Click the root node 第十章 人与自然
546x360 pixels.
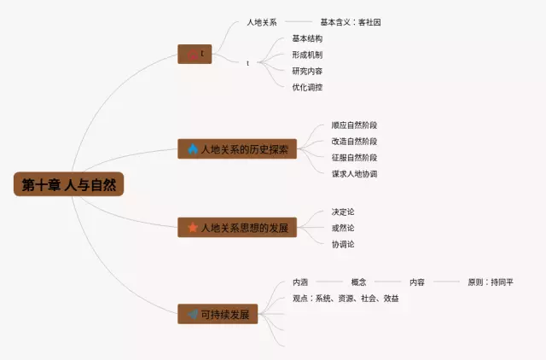pos(68,184)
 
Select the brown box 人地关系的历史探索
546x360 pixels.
pos(237,149)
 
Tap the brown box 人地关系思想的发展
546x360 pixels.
pos(237,228)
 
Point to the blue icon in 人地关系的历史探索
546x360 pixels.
pos(194,149)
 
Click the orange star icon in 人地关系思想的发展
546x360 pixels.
pos(194,228)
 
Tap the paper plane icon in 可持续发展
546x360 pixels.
pos(194,314)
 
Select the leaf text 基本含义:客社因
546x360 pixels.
pos(351,22)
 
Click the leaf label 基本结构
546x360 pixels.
pos(307,38)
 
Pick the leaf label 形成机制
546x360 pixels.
pos(307,55)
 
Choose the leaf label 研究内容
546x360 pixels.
pos(307,71)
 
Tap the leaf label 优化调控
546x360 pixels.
pos(307,87)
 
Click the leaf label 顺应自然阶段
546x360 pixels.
pos(354,125)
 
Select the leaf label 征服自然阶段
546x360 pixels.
pos(354,158)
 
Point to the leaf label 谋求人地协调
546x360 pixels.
pos(354,174)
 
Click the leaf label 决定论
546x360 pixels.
pos(343,212)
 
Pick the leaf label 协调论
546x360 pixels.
pos(343,244)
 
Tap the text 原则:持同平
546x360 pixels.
pos(491,282)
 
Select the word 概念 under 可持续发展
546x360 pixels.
pos(358,282)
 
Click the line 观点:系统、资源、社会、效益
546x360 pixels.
pos(346,299)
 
